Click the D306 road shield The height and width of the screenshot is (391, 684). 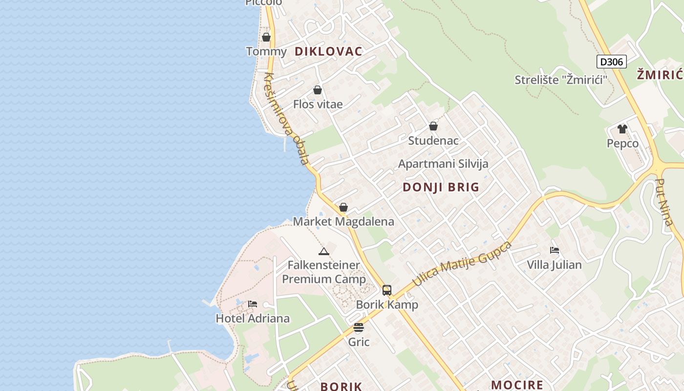click(x=611, y=62)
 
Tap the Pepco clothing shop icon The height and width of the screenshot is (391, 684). click(x=622, y=129)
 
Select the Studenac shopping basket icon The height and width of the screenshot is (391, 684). click(x=433, y=126)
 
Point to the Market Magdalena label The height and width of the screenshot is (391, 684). click(x=343, y=221)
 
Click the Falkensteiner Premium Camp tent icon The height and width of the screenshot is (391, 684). click(x=323, y=252)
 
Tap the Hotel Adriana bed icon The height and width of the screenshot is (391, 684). click(x=252, y=304)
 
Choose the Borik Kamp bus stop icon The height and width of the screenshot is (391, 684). click(x=386, y=290)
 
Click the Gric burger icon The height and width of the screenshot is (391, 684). click(x=359, y=327)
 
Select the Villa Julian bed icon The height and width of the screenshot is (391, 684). click(x=554, y=250)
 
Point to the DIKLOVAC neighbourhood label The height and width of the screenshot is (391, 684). click(x=328, y=51)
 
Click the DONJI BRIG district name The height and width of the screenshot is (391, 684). click(x=441, y=187)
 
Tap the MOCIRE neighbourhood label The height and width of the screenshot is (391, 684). click(x=517, y=385)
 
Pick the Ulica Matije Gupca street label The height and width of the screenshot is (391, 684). click(x=462, y=263)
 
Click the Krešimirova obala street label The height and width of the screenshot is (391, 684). click(x=287, y=119)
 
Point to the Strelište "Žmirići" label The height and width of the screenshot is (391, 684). click(x=560, y=80)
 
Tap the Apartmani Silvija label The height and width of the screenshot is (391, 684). click(x=443, y=164)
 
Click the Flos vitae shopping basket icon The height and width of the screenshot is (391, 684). click(x=317, y=90)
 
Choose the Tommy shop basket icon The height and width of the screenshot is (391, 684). click(x=266, y=37)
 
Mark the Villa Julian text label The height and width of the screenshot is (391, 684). click(x=554, y=265)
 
